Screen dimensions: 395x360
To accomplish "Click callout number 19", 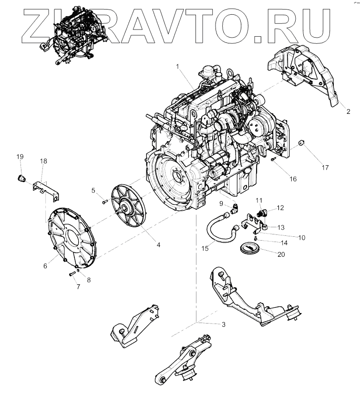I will [20, 157].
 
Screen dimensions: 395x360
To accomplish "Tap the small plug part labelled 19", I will [21, 178].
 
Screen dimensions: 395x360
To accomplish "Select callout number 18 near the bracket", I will [43, 162].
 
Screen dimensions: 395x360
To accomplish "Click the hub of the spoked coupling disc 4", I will [127, 207].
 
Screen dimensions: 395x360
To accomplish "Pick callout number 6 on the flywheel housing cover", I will [45, 266].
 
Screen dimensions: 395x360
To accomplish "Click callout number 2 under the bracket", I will [348, 111].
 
